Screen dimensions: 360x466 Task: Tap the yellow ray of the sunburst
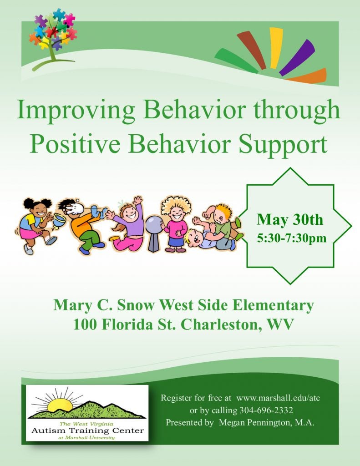[276, 47]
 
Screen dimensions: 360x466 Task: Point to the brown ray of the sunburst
[251, 50]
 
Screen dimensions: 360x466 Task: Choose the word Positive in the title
[75, 144]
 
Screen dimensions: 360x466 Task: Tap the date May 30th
[290, 219]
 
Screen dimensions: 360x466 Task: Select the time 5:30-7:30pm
[292, 238]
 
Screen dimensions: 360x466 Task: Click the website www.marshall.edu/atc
[278, 398]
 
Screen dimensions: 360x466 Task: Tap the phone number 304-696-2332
[266, 410]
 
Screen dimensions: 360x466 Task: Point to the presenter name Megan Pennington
[254, 423]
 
